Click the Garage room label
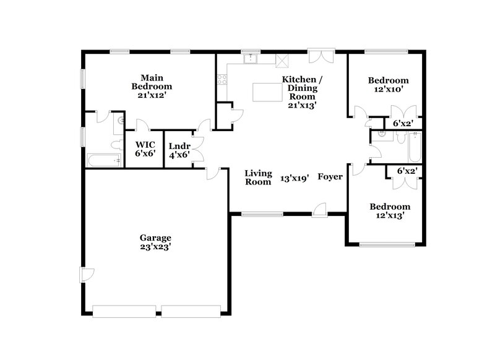pos(155,237)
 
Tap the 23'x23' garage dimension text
pos(155,246)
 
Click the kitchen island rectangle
pos(267,92)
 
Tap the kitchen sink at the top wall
pos(250,59)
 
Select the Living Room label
pos(258,178)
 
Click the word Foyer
pos(330,177)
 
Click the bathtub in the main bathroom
pos(104,160)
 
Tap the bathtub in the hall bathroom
pos(413,146)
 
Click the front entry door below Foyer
pos(320,210)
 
